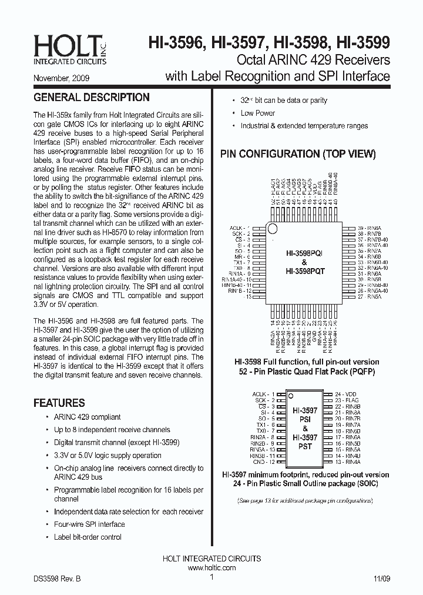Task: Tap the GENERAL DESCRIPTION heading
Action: click(92, 98)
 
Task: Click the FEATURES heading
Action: click(59, 403)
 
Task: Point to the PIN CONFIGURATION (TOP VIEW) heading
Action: click(298, 154)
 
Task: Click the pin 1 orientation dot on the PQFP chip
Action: click(273, 228)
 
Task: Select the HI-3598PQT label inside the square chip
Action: click(305, 272)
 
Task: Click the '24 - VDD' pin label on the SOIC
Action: click(346, 393)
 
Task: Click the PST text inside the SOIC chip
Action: click(305, 447)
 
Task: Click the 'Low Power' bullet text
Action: click(257, 113)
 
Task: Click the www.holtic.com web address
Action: click(211, 568)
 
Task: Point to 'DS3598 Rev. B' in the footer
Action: click(57, 579)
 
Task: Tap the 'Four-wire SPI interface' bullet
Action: click(89, 524)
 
